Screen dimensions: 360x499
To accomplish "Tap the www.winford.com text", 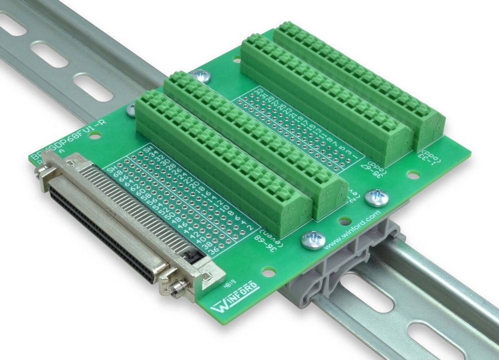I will (352, 231).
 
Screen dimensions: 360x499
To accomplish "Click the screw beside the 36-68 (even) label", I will (313, 240).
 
